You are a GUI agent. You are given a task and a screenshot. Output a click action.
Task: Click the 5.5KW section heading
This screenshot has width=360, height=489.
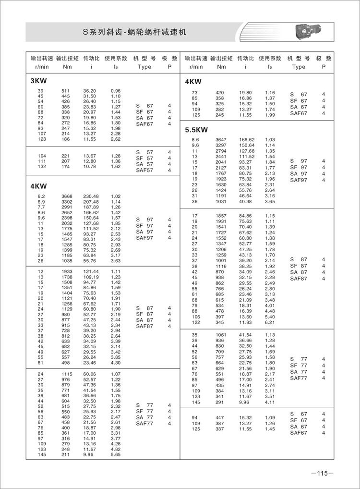(x=196, y=130)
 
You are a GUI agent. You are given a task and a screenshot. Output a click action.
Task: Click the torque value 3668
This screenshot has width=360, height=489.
(x=66, y=196)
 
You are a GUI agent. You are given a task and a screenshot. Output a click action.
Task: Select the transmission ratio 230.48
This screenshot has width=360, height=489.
(x=91, y=196)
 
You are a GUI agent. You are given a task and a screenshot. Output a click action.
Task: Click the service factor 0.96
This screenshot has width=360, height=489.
(x=116, y=91)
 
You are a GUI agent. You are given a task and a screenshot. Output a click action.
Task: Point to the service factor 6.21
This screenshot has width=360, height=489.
(x=270, y=322)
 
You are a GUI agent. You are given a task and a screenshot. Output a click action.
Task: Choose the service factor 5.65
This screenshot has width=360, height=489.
(x=116, y=454)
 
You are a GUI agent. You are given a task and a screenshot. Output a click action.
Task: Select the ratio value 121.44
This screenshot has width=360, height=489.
(x=91, y=272)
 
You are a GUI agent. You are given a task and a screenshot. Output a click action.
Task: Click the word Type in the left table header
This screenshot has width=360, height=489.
(x=144, y=67)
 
